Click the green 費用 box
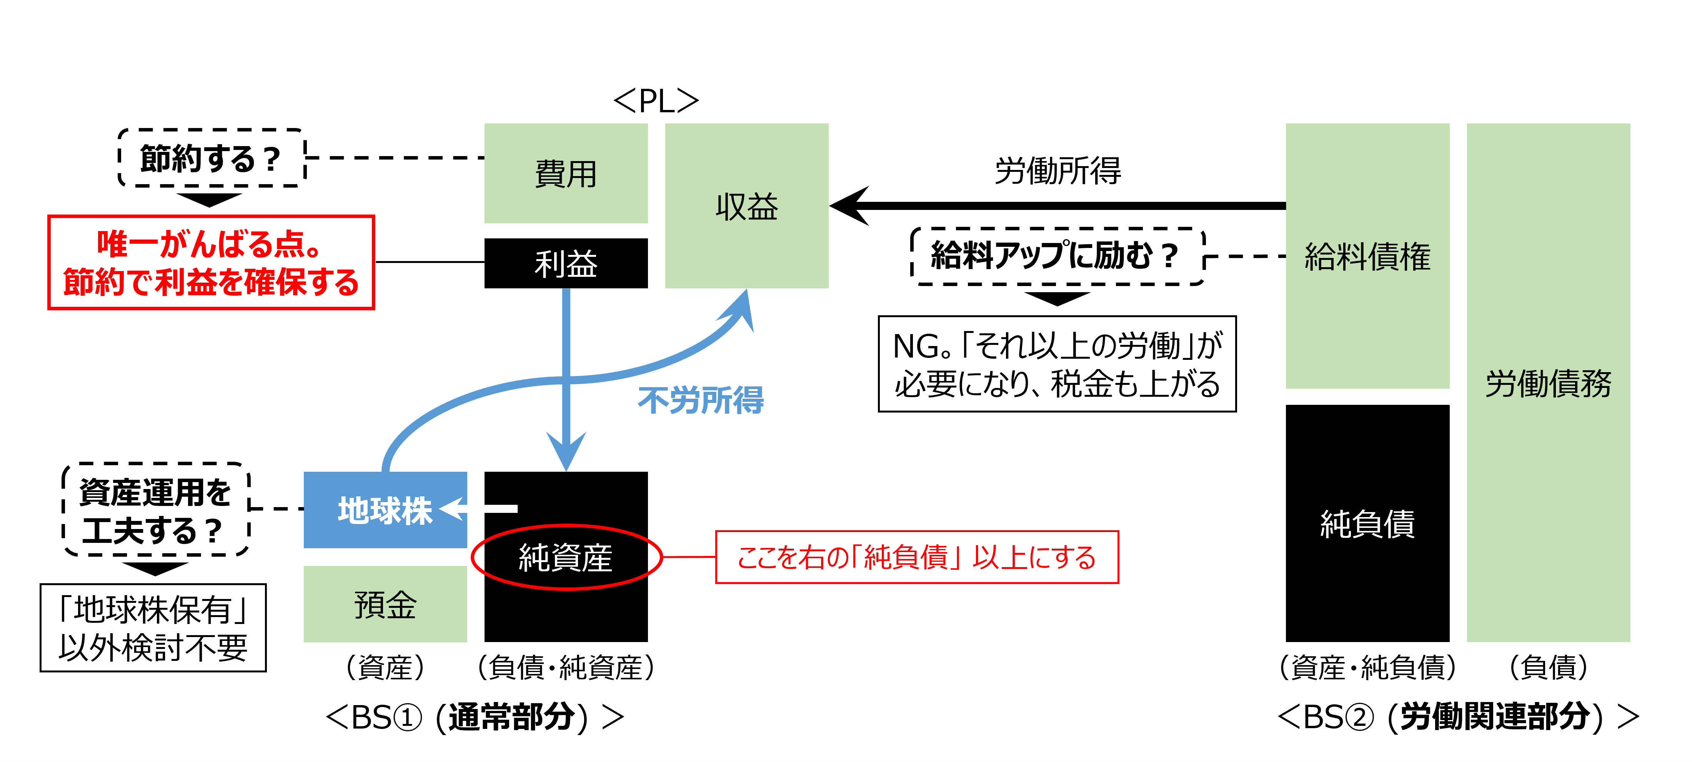(x=566, y=173)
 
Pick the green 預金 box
(x=385, y=604)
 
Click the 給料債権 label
(x=1367, y=256)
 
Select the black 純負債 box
(x=1367, y=524)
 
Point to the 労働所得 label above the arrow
(x=1057, y=171)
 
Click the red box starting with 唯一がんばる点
(x=211, y=262)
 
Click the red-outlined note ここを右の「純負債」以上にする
(x=916, y=557)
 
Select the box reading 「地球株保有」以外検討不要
(x=153, y=627)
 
